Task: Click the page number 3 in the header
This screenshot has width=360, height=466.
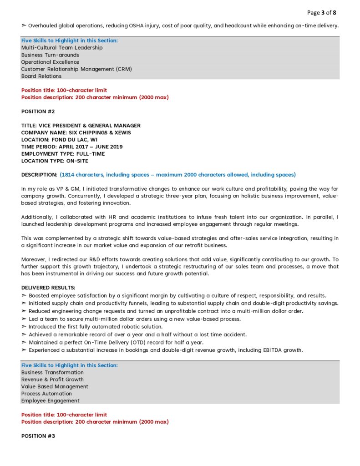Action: pyautogui.click(x=323, y=12)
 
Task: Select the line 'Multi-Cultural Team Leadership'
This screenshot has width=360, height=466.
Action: pyautogui.click(x=62, y=48)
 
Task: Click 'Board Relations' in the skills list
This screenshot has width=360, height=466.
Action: pyautogui.click(x=41, y=76)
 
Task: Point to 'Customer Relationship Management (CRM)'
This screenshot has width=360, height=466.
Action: pyautogui.click(x=76, y=69)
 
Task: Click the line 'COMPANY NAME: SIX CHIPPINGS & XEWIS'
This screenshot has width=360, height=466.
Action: pyautogui.click(x=76, y=132)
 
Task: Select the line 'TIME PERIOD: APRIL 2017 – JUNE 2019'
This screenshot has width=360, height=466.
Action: pyautogui.click(x=72, y=147)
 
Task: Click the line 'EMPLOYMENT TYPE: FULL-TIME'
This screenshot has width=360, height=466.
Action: pyautogui.click(x=63, y=154)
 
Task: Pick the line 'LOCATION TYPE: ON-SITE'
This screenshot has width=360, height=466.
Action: pyautogui.click(x=55, y=161)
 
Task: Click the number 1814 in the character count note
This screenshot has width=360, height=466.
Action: pyautogui.click(x=69, y=175)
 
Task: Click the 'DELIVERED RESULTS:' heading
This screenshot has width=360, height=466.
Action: pyautogui.click(x=48, y=288)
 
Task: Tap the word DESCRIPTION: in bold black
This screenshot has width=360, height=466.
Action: pyautogui.click(x=39, y=175)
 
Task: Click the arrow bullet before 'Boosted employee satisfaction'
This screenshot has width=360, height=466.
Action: pyautogui.click(x=24, y=296)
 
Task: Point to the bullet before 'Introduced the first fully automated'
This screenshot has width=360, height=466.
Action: pyautogui.click(x=24, y=327)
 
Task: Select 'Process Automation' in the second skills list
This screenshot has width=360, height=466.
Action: pyautogui.click(x=46, y=394)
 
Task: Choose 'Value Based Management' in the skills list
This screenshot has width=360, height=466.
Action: pyautogui.click(x=55, y=386)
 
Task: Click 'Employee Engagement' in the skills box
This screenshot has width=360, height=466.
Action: pyautogui.click(x=51, y=401)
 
